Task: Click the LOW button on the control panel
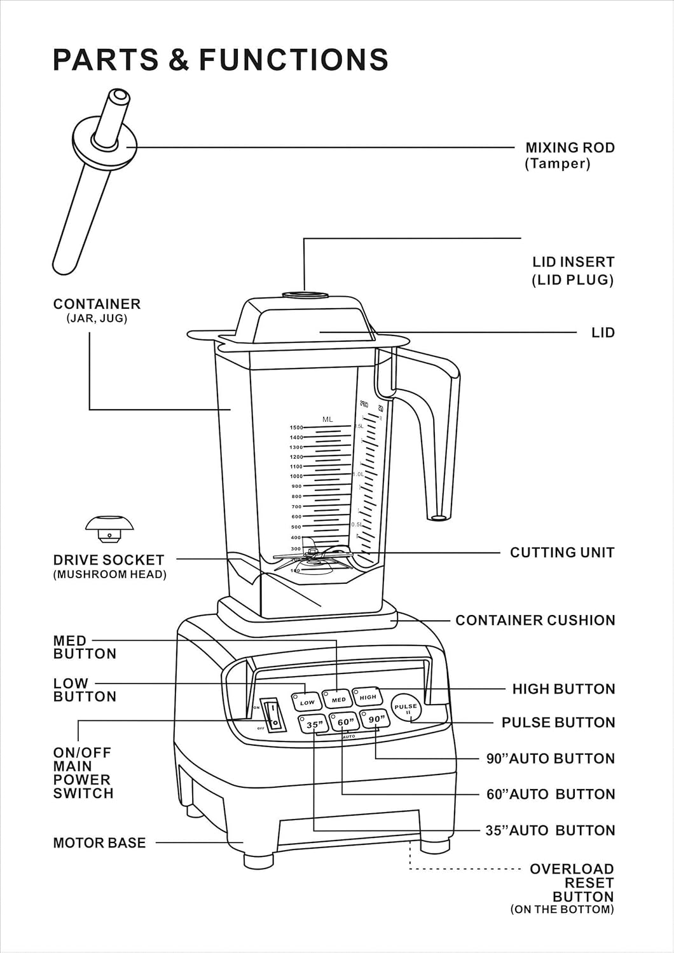(307, 702)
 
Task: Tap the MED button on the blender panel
(338, 699)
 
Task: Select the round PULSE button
(406, 708)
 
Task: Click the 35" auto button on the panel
(314, 724)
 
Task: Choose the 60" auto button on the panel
(345, 722)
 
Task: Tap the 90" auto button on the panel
(376, 719)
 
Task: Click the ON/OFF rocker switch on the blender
(273, 716)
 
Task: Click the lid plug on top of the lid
(305, 295)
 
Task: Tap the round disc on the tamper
(105, 144)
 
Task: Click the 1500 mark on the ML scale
(296, 428)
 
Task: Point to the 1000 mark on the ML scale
(296, 476)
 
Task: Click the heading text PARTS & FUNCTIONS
(220, 59)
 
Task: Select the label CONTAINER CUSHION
(535, 620)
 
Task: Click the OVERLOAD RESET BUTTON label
(571, 883)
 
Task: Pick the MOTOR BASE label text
(99, 843)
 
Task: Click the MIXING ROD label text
(569, 148)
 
